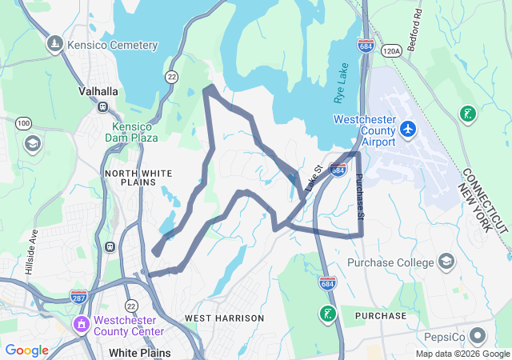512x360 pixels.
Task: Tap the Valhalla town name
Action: [99, 91]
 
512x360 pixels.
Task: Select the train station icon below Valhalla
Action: [102, 106]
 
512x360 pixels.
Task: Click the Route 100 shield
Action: [23, 122]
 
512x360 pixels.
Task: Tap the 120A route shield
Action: [391, 50]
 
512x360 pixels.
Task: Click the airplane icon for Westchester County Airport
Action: [408, 128]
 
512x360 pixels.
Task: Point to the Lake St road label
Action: [314, 178]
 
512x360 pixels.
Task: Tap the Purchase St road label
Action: [359, 198]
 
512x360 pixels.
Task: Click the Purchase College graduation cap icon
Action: [446, 262]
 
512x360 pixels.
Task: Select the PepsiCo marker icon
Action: [478, 335]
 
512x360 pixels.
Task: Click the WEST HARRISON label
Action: [224, 318]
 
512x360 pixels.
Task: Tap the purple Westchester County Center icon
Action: [81, 325]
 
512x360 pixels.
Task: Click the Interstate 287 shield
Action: [78, 297]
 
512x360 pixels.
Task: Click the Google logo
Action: [26, 350]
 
